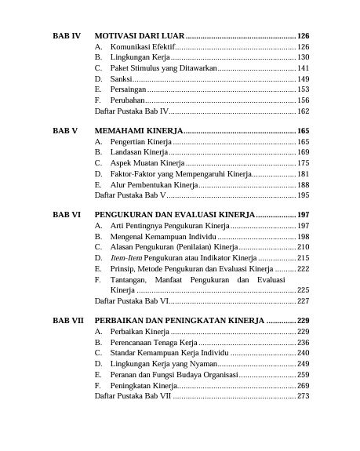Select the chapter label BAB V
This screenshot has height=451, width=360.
tap(64, 129)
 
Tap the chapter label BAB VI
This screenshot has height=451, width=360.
tap(66, 213)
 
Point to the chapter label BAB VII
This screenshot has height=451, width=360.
tap(67, 321)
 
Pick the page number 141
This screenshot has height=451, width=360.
tap(304, 68)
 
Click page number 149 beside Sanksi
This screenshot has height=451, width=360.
tap(304, 79)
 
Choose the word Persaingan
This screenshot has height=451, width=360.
tap(129, 89)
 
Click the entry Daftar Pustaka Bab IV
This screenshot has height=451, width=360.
tap(132, 112)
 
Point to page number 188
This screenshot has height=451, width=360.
tap(304, 184)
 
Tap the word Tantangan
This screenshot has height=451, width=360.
tap(128, 279)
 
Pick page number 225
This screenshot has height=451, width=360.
tap(304, 289)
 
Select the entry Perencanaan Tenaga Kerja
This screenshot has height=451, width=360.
tap(154, 343)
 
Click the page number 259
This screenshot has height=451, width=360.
tap(304, 375)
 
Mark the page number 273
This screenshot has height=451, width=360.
tap(304, 397)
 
